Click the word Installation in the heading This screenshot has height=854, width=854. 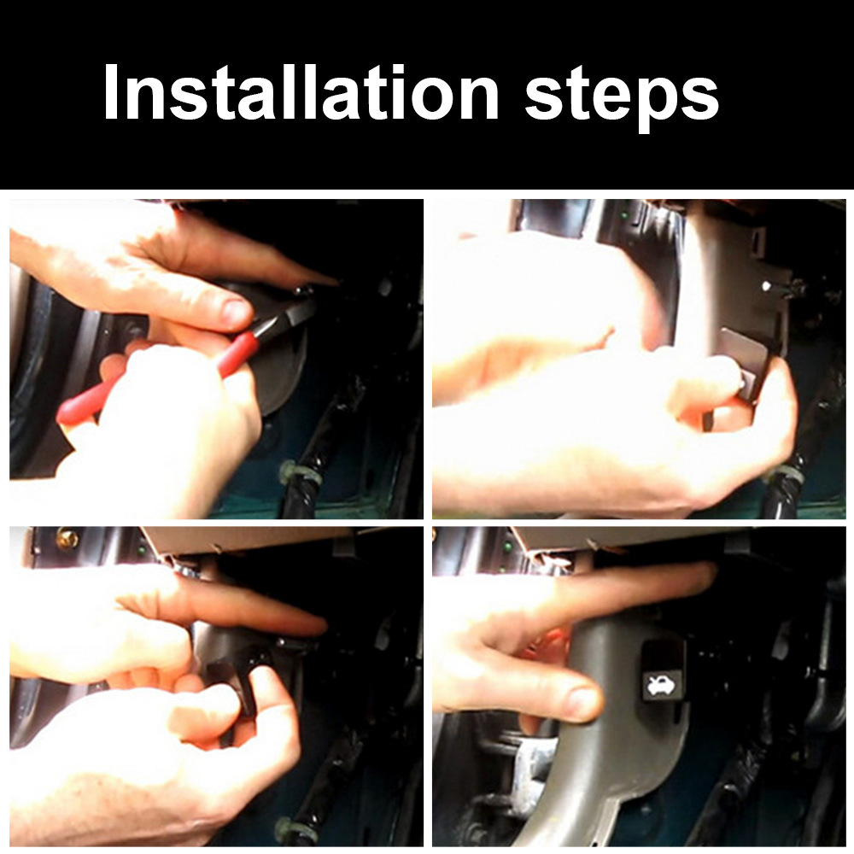pyautogui.click(x=301, y=91)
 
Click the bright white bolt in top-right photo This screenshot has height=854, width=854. pyautogui.click(x=768, y=285)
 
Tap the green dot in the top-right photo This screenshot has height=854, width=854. pyautogui.click(x=624, y=216)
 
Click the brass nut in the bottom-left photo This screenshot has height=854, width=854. pyautogui.click(x=67, y=539)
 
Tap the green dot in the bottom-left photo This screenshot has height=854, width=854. pyautogui.click(x=142, y=551)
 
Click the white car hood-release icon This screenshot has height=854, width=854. pyautogui.click(x=661, y=685)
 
